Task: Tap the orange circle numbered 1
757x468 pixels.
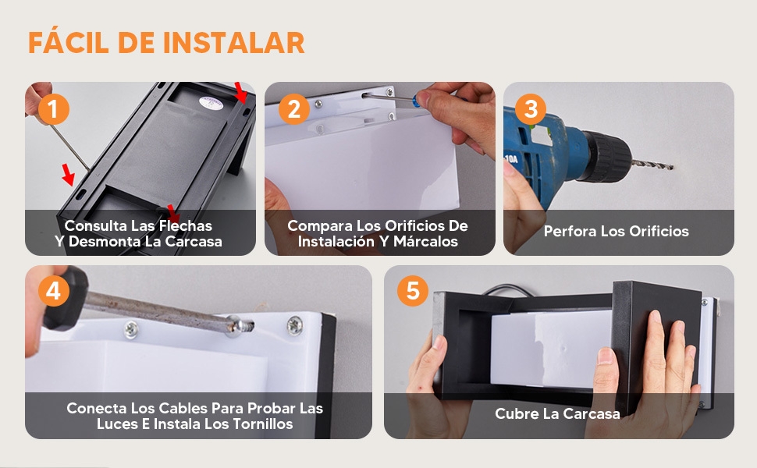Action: click(53, 109)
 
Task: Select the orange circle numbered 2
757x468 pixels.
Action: click(293, 109)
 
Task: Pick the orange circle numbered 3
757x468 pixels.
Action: click(531, 109)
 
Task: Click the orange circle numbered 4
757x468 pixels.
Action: click(53, 292)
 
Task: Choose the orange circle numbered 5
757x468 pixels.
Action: click(413, 292)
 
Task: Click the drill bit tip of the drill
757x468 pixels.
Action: click(671, 165)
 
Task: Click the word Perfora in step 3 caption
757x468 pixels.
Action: click(570, 232)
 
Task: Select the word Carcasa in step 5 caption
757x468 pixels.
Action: click(589, 413)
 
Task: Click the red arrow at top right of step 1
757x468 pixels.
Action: click(242, 91)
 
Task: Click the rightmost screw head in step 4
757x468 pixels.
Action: click(294, 324)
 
